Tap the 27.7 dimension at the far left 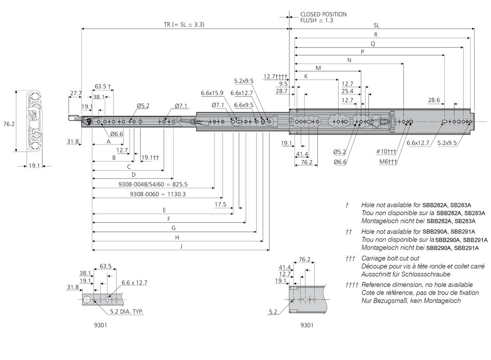[76, 93]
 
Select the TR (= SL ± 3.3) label [181, 25]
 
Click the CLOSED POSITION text [323, 14]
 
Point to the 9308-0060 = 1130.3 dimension [158, 194]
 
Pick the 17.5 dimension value [220, 204]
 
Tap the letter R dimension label [376, 34]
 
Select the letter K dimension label [306, 76]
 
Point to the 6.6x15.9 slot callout [212, 93]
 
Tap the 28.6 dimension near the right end [434, 100]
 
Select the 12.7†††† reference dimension [276, 76]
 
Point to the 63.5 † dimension [103, 86]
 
